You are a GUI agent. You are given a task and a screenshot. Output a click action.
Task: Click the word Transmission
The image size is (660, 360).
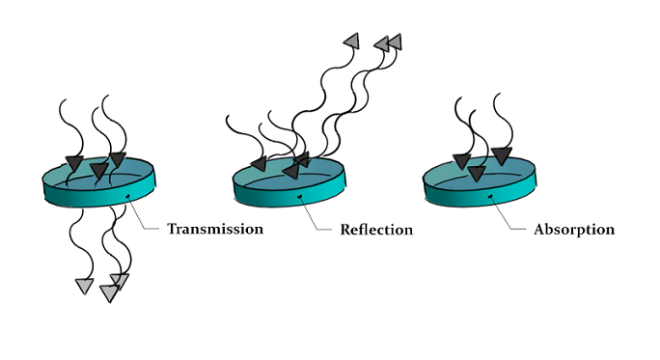(x=215, y=229)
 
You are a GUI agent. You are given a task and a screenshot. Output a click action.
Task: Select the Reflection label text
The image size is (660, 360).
(x=376, y=230)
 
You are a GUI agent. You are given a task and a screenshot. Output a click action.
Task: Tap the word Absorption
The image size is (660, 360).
(x=574, y=230)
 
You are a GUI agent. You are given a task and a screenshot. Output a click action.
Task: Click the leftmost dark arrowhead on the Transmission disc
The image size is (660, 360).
(x=73, y=161)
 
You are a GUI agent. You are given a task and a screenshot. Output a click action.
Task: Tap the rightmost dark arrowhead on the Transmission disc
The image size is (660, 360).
(x=118, y=158)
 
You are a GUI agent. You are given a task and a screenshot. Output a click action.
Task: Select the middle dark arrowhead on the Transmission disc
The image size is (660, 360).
(x=98, y=170)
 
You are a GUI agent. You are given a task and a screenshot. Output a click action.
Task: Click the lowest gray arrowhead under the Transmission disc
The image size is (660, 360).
(x=109, y=292)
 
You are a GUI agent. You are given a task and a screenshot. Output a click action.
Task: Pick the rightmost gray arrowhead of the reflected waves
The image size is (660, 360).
(x=394, y=42)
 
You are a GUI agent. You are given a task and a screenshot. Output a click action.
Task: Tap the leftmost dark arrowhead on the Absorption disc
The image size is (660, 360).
(x=461, y=160)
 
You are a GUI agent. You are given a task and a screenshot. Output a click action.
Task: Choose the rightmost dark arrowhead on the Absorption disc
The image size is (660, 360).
(x=501, y=153)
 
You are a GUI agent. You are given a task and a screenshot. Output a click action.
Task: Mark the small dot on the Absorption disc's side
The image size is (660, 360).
(x=493, y=198)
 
